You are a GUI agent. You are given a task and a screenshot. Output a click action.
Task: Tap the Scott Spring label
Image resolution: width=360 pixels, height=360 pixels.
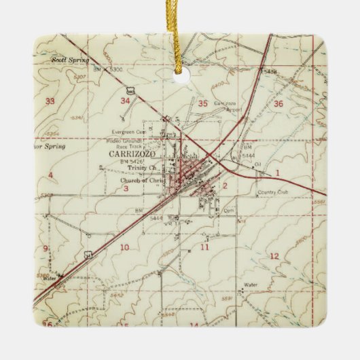(70, 60)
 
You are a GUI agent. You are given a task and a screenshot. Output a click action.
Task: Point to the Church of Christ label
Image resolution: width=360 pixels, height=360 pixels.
(139, 181)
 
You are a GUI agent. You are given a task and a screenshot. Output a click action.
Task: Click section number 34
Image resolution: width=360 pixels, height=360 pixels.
(124, 101)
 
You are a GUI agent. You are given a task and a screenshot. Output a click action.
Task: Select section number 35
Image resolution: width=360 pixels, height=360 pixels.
(203, 103)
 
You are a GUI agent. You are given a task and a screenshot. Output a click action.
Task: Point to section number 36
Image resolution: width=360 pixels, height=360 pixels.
(278, 103)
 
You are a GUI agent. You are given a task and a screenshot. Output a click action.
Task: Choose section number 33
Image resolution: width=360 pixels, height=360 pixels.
(50, 101)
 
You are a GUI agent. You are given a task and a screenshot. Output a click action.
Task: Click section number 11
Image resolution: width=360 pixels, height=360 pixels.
(204, 247)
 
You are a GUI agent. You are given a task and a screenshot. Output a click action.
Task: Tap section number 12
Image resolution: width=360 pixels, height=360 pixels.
(274, 255)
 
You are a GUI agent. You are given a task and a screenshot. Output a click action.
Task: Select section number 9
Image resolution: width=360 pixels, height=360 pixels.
(46, 248)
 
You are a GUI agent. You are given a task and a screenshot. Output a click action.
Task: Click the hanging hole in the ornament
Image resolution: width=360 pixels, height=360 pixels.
(180, 77)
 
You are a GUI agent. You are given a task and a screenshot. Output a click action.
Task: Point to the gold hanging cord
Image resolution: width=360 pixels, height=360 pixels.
(179, 34)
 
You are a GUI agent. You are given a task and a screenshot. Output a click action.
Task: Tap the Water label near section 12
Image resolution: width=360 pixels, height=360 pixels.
(251, 284)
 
